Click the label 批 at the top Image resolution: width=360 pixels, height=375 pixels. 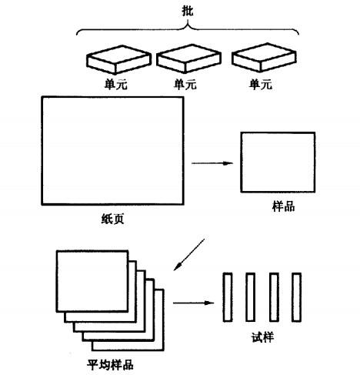click(x=188, y=12)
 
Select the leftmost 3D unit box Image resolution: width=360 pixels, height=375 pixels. click(x=118, y=60)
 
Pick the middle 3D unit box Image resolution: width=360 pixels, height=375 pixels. click(x=188, y=59)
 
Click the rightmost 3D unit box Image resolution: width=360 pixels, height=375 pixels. click(x=264, y=57)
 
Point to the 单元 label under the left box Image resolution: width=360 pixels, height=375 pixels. click(x=115, y=84)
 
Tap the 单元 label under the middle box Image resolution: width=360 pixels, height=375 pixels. click(x=185, y=84)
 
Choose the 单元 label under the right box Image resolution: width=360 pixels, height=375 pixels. click(x=261, y=84)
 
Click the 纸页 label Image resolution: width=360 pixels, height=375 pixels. click(x=113, y=219)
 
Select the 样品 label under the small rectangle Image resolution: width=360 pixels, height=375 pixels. click(x=283, y=206)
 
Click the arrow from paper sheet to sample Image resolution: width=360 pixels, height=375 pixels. click(x=212, y=163)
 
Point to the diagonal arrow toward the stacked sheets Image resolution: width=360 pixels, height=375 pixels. click(x=189, y=255)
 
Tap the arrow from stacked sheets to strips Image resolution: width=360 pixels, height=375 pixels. click(x=194, y=303)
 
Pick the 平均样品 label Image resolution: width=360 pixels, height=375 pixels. click(x=110, y=365)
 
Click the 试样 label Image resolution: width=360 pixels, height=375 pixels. click(x=262, y=337)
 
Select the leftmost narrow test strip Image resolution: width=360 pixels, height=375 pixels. click(x=228, y=297)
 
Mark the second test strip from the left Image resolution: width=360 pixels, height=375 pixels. click(x=250, y=297)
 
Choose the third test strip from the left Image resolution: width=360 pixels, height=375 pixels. click(x=274, y=297)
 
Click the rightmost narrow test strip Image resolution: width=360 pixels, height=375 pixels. click(x=296, y=297)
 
